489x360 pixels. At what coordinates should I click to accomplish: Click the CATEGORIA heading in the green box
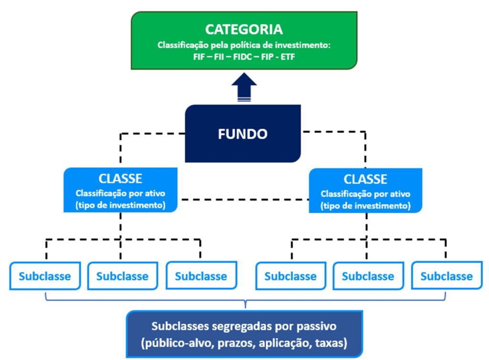point(244,29)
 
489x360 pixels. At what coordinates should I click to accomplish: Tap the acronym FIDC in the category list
point(241,56)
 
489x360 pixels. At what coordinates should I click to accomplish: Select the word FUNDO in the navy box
point(243,134)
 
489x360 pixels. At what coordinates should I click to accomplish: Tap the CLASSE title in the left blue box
point(120,179)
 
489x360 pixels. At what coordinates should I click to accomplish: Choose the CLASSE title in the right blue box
point(365,179)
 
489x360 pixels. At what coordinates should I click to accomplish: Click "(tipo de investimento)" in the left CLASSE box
point(120,205)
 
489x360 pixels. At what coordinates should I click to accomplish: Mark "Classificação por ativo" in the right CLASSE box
point(365,194)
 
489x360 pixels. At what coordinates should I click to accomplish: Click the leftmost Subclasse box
point(44,276)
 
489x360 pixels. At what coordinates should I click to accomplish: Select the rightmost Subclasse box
point(446,276)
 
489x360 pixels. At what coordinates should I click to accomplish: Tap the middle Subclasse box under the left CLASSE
point(122,276)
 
